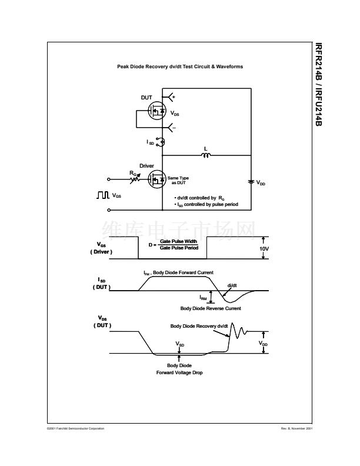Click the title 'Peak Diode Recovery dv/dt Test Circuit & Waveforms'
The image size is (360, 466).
pyautogui.click(x=180, y=66)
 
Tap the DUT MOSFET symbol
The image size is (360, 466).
pyautogui.click(x=158, y=111)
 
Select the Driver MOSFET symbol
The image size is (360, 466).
pyautogui.click(x=156, y=179)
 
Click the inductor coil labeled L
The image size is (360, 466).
pyautogui.click(x=206, y=156)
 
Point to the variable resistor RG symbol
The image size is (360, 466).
pyautogui.click(x=136, y=177)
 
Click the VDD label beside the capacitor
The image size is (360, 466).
pyautogui.click(x=261, y=184)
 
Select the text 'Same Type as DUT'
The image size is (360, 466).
pyautogui.click(x=178, y=179)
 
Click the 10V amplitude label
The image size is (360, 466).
pyautogui.click(x=264, y=249)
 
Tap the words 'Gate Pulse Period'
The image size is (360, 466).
pyautogui.click(x=179, y=248)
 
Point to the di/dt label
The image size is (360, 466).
pyautogui.click(x=232, y=285)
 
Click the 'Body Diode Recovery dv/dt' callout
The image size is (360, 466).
pyautogui.click(x=199, y=326)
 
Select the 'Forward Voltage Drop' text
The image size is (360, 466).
pyautogui.click(x=179, y=373)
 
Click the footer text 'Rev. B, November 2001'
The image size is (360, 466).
pyautogui.click(x=297, y=428)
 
